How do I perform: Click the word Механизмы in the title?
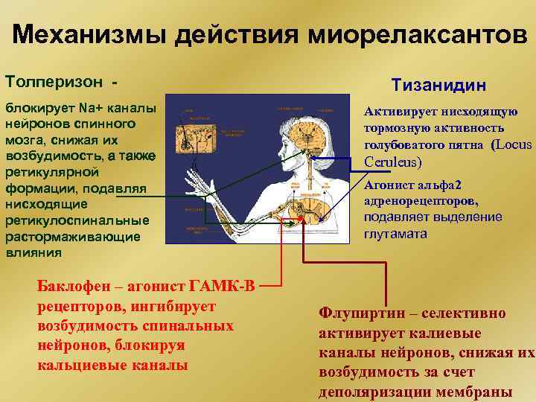(78, 35)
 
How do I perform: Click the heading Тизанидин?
(446, 86)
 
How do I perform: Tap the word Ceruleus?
(392, 162)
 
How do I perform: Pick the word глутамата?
(395, 233)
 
